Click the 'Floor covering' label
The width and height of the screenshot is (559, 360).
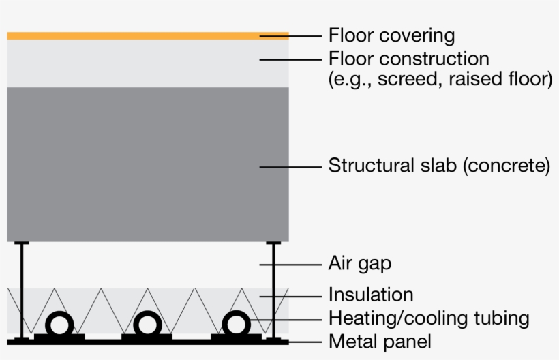tap(391, 35)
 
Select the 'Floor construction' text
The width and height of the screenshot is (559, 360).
tap(408, 58)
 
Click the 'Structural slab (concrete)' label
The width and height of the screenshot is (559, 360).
tap(439, 166)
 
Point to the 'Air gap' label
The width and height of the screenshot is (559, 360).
tap(359, 263)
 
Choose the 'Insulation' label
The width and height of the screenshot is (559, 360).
tap(370, 295)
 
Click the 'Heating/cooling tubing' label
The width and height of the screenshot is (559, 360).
tap(428, 318)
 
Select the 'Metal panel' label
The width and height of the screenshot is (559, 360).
tap(380, 340)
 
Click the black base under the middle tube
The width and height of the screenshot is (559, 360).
tap(147, 336)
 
